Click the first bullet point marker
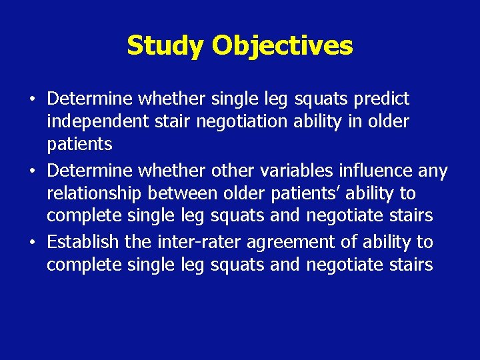(32, 100)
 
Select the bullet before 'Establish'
(32, 242)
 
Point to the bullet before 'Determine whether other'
(32, 171)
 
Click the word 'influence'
(381, 171)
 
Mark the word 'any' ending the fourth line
(433, 171)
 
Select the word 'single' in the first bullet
(233, 99)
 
